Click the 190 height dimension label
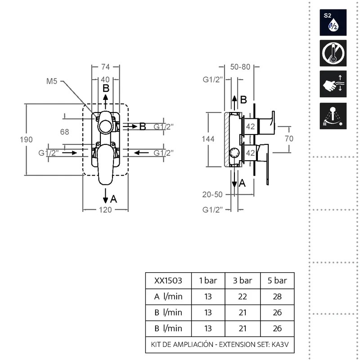26,139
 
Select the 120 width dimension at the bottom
105,210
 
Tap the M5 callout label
52,81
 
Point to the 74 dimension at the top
106,67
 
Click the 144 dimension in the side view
208,139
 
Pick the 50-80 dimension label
240,67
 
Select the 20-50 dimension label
212,194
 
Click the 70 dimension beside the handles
289,139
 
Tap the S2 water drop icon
333,22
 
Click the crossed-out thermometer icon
333,53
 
